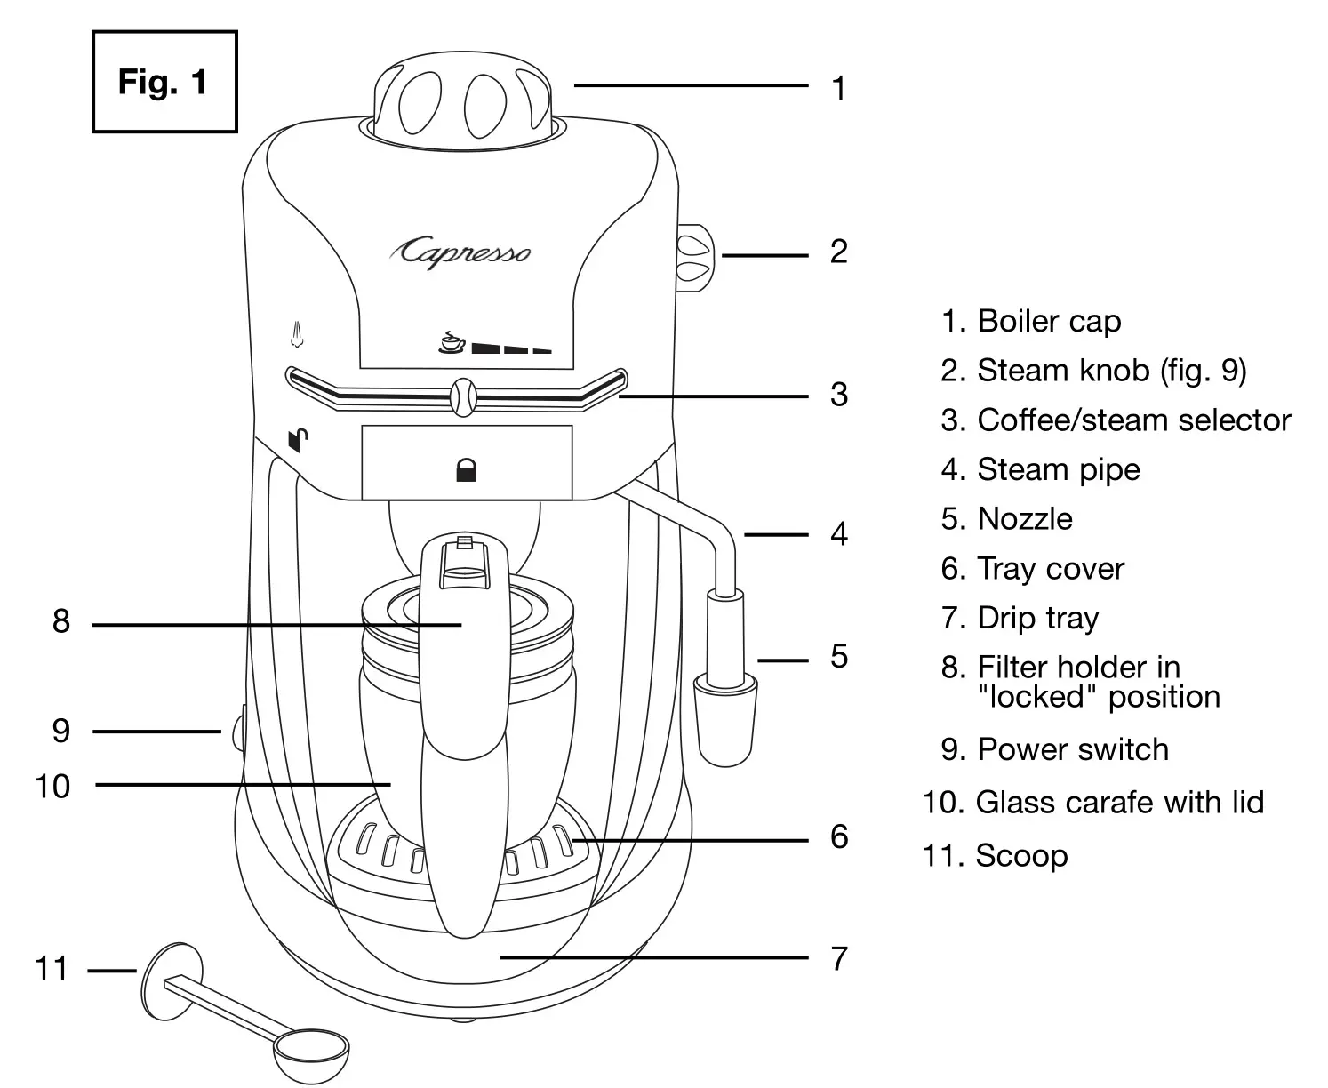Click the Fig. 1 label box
164,82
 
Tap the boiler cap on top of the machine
460,99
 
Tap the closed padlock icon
466,470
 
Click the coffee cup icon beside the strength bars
452,341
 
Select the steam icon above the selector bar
298,335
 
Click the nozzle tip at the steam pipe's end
724,720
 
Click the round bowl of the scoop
310,1053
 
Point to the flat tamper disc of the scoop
171,981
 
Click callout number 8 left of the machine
60,621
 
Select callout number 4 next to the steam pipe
838,534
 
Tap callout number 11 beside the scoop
52,968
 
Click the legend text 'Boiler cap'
1049,321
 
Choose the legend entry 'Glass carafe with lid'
1119,802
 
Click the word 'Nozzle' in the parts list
1024,519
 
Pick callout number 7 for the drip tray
838,958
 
